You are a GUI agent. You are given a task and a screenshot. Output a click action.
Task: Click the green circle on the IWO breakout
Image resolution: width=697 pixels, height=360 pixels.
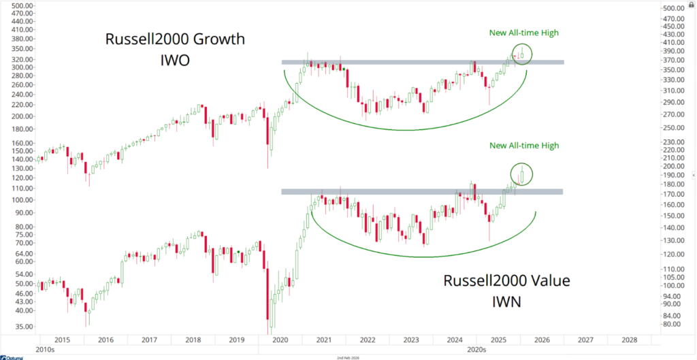click(x=521, y=54)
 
